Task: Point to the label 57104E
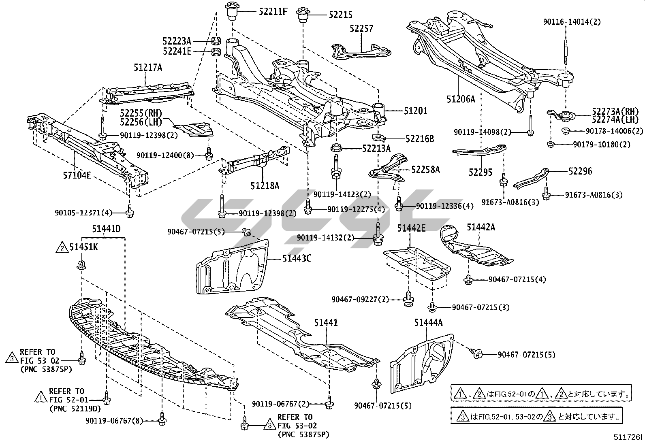[x=77, y=175]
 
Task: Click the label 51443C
[x=297, y=258]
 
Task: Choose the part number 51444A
[x=428, y=322]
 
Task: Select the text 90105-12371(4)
[x=83, y=212]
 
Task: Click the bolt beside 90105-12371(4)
[x=130, y=211]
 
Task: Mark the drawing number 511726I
[x=628, y=437]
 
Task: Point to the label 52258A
[x=425, y=170]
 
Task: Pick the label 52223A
[x=177, y=41]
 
